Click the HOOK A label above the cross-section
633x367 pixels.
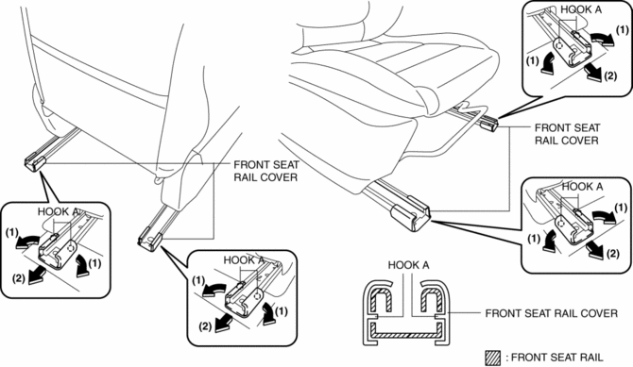coord(408,265)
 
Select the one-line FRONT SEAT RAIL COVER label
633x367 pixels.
coord(551,313)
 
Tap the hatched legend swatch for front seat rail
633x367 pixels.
coord(492,358)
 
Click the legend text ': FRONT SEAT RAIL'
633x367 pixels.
coord(555,358)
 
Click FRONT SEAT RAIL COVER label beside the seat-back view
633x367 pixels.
coord(266,171)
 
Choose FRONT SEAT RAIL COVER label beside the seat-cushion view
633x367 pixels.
coord(567,134)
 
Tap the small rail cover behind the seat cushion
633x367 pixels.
coord(489,123)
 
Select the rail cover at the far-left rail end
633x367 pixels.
coord(35,161)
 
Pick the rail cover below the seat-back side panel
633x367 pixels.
coord(149,240)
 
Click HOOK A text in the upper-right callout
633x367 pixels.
coord(581,9)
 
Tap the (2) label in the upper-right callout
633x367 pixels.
coord(610,75)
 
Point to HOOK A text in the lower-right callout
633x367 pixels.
coord(583,186)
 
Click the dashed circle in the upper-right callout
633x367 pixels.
coord(559,46)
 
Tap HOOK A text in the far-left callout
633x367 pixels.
coord(59,211)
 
